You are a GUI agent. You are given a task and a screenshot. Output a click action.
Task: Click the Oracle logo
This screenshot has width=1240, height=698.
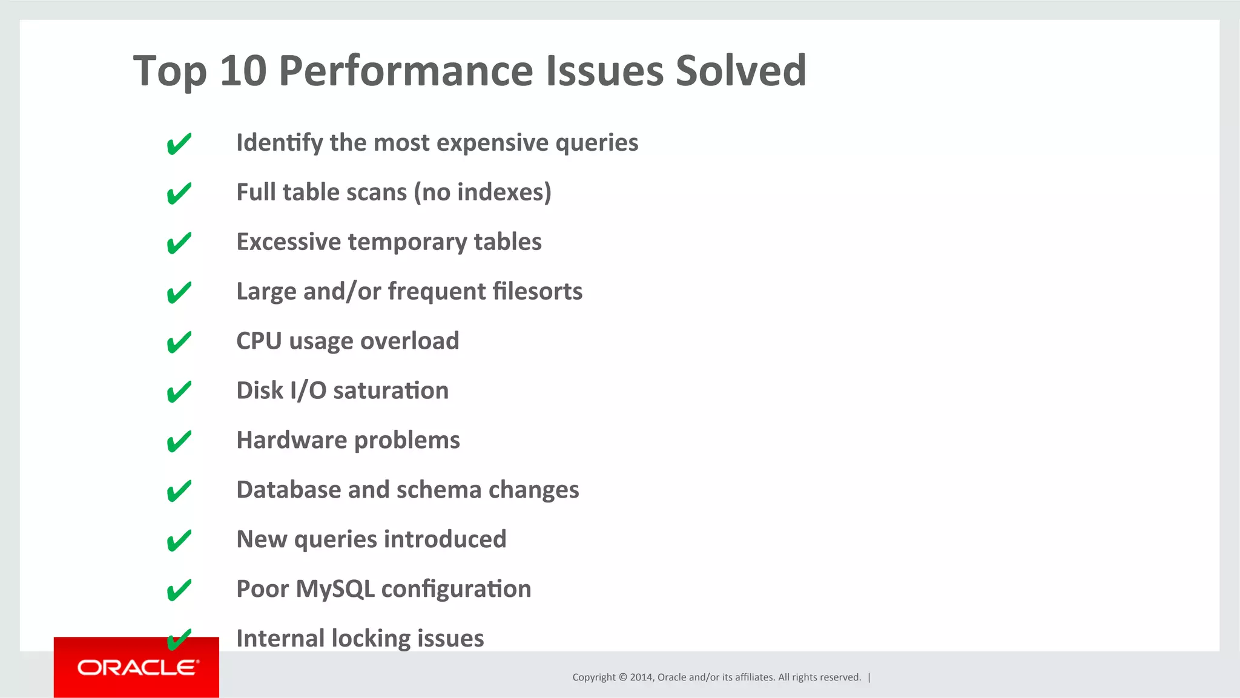click(137, 667)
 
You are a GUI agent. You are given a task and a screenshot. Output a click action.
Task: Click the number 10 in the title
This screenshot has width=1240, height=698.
click(243, 71)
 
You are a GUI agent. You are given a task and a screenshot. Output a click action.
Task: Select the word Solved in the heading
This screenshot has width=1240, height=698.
click(740, 71)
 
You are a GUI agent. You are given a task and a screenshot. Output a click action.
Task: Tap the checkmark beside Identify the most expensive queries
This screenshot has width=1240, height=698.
click(179, 144)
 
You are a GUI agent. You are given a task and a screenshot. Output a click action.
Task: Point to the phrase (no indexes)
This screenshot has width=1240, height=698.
click(483, 193)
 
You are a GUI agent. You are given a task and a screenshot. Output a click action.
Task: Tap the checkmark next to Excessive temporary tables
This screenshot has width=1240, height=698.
click(179, 243)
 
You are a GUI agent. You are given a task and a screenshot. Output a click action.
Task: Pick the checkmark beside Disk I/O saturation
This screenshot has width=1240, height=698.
click(179, 392)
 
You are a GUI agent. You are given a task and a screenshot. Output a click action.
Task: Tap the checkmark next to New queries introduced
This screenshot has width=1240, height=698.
click(179, 541)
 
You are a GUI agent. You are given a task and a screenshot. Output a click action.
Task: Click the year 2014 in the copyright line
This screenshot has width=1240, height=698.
click(641, 677)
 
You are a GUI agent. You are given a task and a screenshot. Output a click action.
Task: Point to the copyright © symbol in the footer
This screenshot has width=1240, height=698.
click(622, 677)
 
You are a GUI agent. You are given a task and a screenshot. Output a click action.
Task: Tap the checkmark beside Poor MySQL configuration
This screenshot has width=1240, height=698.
click(179, 590)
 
